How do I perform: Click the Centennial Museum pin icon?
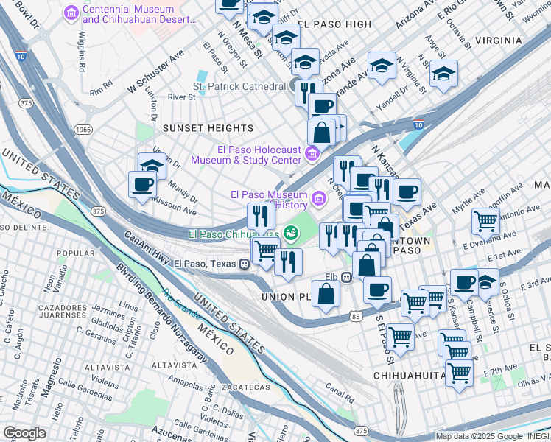pos(71,13)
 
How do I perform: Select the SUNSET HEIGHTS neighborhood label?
pos(194,127)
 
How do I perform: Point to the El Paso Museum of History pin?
pos(318,197)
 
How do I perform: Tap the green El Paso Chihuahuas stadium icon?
pos(292,234)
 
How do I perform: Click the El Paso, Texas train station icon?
pos(243,264)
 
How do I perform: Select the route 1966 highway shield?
pos(84,129)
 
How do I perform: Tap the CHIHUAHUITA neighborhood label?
pos(408,375)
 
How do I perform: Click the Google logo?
pos(24,432)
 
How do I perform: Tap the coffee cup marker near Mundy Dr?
pos(142,184)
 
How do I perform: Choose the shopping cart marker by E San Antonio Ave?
pos(485,220)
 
